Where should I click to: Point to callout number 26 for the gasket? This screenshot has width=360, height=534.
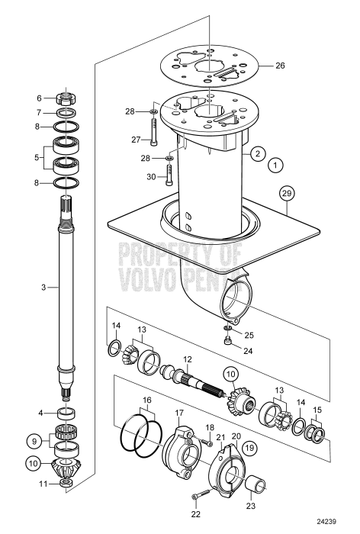pyautogui.click(x=279, y=66)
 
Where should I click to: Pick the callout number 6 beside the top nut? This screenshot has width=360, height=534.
pyautogui.click(x=40, y=98)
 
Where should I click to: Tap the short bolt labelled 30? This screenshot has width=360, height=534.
pyautogui.click(x=169, y=176)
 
